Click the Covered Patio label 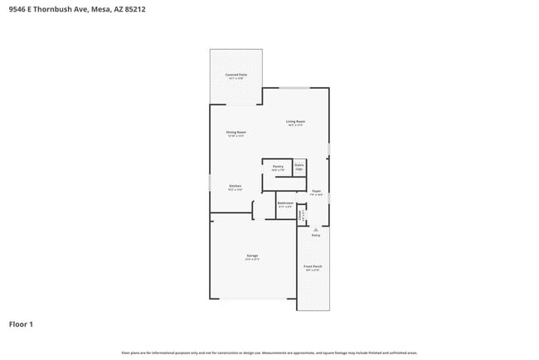236,75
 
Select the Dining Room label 236,133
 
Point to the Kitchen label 235,186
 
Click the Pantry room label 278,167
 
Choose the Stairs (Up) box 299,166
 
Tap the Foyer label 316,192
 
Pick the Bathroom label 286,204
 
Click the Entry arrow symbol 315,229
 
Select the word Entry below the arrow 315,236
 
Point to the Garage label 252,255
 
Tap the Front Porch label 313,267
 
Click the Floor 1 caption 22,324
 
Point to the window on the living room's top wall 294,88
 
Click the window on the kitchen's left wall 209,182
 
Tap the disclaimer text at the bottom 269,353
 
